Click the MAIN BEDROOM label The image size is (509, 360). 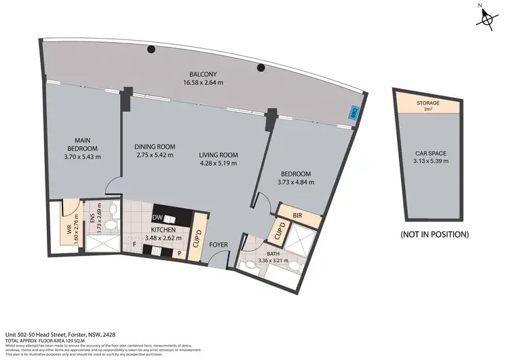point(82,144)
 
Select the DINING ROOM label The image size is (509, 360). point(155,147)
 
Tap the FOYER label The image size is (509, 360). point(218,245)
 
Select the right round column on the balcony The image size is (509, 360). point(261,67)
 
